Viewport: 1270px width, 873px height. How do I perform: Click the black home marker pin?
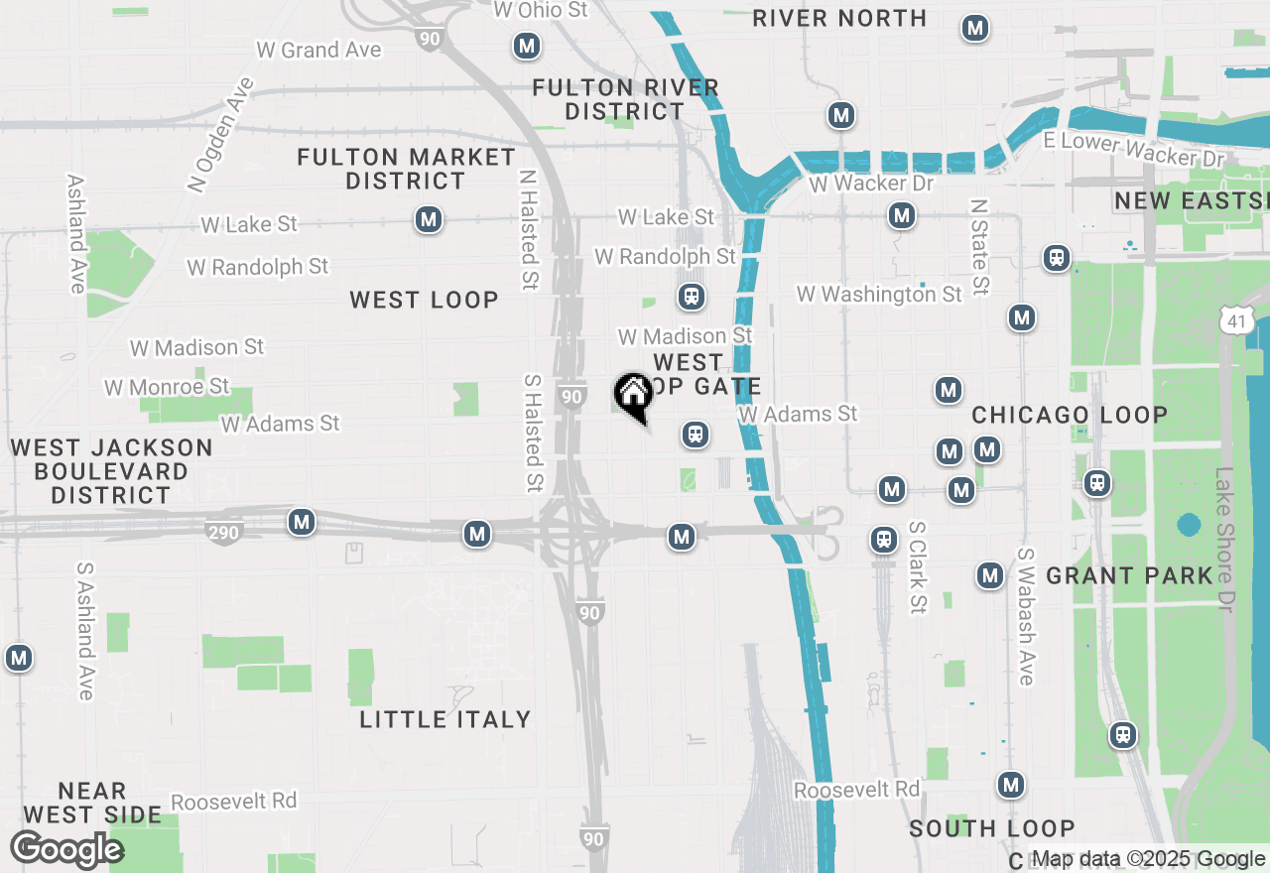(633, 395)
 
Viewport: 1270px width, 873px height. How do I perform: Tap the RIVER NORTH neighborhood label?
(839, 18)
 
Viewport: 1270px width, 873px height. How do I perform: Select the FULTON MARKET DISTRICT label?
(406, 169)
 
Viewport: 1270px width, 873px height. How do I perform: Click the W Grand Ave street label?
(317, 50)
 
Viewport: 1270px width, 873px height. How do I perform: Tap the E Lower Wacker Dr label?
(1135, 150)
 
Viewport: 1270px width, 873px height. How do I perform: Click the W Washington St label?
(878, 295)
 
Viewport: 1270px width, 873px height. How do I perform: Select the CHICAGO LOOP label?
(1069, 415)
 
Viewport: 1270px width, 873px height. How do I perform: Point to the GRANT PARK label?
(1129, 575)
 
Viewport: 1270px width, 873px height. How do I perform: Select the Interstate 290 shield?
(223, 533)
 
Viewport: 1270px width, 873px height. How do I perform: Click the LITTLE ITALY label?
(444, 719)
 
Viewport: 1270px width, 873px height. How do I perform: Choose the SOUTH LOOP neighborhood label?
(991, 828)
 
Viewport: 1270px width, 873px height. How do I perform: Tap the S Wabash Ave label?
(1025, 615)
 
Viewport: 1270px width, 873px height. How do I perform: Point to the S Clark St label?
(916, 567)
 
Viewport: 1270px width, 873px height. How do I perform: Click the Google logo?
(66, 850)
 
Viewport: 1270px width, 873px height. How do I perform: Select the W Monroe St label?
(167, 387)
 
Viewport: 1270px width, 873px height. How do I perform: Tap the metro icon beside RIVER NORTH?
(975, 28)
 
